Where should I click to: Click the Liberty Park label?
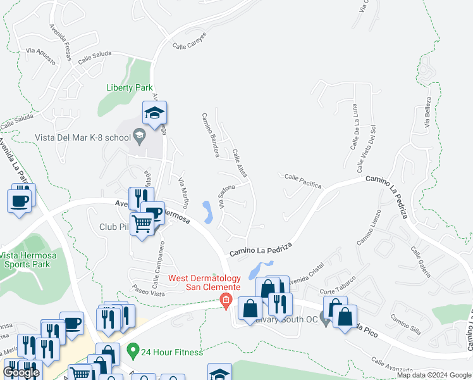[x=130, y=88]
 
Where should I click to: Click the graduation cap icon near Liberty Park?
[x=154, y=114]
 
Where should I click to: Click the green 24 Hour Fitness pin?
[x=133, y=350]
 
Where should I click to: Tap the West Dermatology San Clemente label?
[x=204, y=283]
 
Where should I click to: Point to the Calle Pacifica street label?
[x=302, y=181]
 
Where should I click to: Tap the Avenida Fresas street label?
[x=60, y=43]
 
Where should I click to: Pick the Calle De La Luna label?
[x=354, y=126]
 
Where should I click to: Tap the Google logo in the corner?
[x=21, y=372]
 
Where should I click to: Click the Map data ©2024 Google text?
[x=433, y=375]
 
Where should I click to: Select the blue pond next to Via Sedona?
[x=208, y=212]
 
